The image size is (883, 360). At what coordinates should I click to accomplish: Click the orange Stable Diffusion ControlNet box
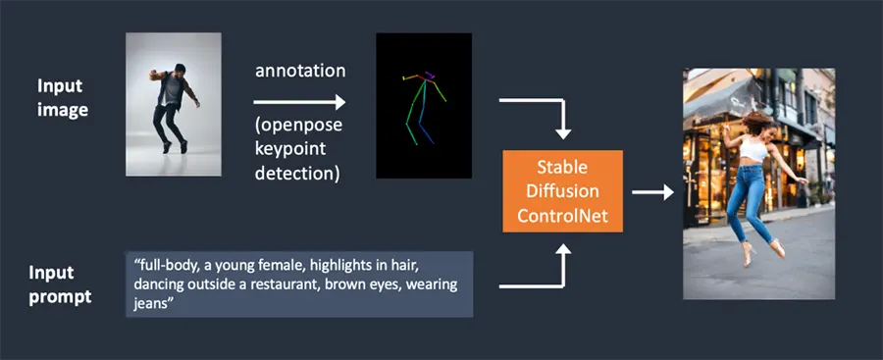pos(562,191)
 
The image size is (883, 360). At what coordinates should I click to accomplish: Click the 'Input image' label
pos(64,98)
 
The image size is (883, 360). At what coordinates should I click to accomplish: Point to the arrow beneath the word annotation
pos(299,102)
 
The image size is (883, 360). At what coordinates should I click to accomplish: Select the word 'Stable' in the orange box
pos(562,168)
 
